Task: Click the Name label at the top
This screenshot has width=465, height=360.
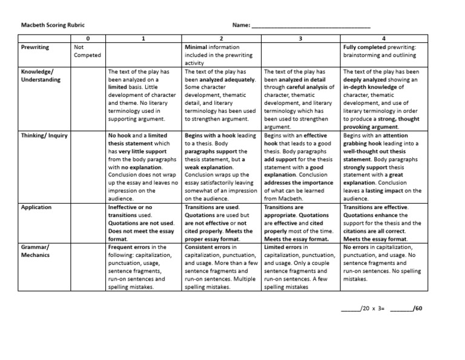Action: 241,25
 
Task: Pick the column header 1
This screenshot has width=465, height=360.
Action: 143,39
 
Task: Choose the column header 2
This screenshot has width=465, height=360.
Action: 222,39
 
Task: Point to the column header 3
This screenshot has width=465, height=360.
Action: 301,39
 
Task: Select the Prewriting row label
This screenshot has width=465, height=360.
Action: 35,47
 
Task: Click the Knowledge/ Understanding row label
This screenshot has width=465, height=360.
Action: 41,75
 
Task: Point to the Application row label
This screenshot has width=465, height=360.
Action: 36,207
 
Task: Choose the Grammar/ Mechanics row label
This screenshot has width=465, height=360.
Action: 37,251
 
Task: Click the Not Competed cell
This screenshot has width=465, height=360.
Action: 87,51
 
